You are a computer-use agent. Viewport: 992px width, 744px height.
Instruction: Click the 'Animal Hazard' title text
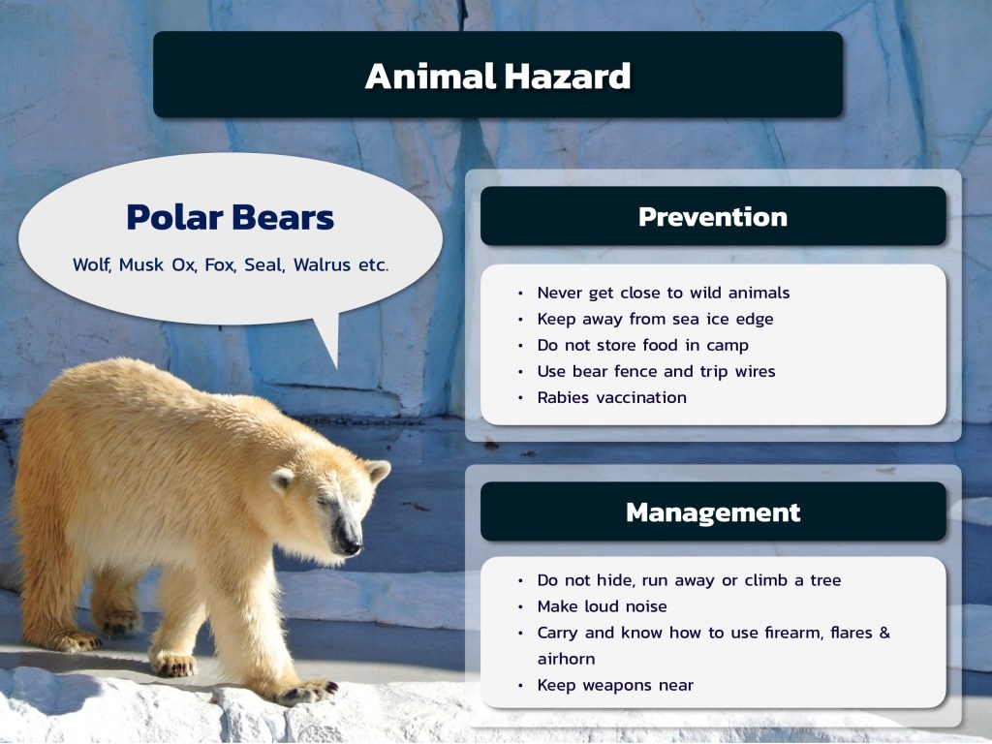coord(498,76)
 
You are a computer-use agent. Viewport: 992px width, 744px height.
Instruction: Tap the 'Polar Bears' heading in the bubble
coord(231,217)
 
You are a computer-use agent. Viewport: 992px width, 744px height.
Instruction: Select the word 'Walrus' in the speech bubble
coord(322,264)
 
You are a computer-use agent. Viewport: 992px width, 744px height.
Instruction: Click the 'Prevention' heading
coord(713,217)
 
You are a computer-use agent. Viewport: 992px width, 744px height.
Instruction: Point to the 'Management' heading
coord(713,512)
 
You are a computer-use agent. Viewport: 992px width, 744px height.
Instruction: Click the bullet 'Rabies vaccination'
coord(612,397)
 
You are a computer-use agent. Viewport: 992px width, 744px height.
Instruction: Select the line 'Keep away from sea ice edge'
coord(656,319)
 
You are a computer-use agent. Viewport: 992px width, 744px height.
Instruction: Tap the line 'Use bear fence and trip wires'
coord(656,371)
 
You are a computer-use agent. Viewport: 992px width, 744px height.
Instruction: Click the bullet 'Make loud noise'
coord(603,606)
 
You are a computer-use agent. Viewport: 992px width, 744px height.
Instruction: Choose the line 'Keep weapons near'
coord(615,685)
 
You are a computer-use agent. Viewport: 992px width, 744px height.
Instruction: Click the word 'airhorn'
coord(566,659)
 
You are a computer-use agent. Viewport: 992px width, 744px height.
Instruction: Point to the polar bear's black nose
coord(350,542)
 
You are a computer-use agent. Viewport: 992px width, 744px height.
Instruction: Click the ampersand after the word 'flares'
coord(884,633)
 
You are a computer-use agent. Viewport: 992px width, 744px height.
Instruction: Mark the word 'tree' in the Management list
coord(825,580)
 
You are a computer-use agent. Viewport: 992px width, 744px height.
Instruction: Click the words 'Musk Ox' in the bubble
coord(158,264)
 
